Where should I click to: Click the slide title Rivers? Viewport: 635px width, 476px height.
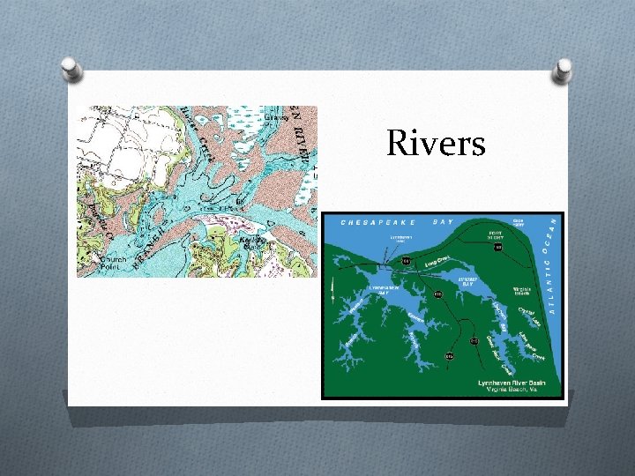(x=436, y=143)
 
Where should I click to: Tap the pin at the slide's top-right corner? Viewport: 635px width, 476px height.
(x=560, y=71)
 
